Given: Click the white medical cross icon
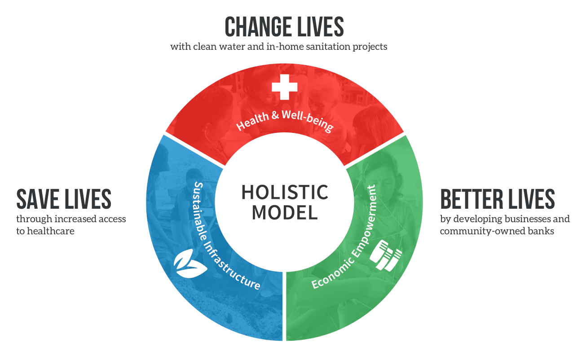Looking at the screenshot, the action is coord(284,87).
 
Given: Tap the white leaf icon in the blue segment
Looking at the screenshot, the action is coord(190,263).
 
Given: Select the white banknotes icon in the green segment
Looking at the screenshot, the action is coord(386,255).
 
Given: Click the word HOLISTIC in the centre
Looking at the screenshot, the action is coord(285,192).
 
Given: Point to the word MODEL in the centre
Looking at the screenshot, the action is coord(285,212).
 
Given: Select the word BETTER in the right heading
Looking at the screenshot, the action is coord(471,199).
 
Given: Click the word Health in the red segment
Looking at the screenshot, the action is coord(252,121).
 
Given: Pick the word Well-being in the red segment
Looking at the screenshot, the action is coord(308,121).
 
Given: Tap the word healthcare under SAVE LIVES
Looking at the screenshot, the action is coord(51,231).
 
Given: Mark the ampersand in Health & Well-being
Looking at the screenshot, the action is coord(275,115).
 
